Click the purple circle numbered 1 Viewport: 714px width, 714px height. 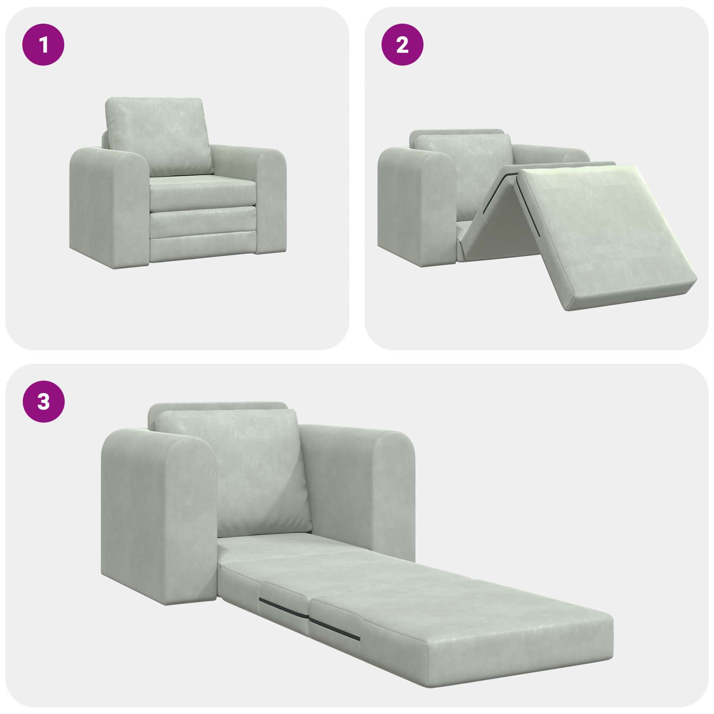[43, 45]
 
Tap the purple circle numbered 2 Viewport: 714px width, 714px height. [403, 45]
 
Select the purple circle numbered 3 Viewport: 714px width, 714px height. [43, 402]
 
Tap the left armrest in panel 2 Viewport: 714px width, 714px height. [415, 201]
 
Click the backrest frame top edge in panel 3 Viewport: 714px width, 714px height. [219, 407]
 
